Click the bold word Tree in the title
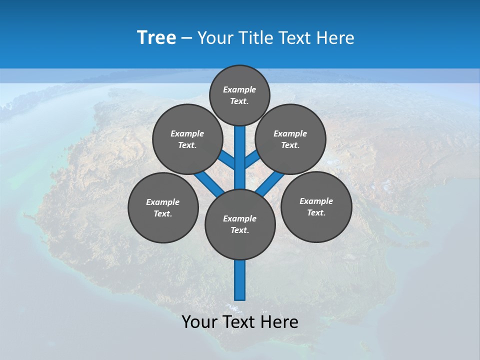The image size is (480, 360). pyautogui.click(x=156, y=38)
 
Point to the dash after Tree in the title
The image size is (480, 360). pyautogui.click(x=186, y=38)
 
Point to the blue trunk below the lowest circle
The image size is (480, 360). pyautogui.click(x=240, y=280)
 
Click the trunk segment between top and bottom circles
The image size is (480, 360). pyautogui.click(x=240, y=157)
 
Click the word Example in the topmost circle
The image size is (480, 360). pyautogui.click(x=239, y=90)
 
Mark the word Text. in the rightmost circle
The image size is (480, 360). pyautogui.click(x=316, y=213)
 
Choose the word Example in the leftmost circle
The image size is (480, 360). pyautogui.click(x=162, y=202)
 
